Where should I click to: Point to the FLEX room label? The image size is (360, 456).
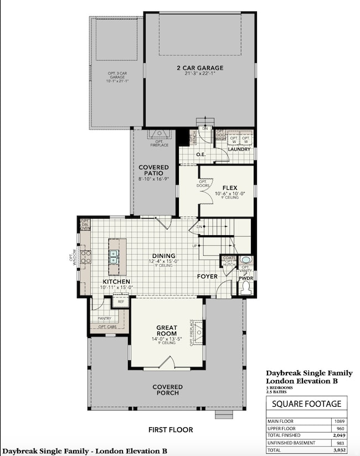pos(230,188)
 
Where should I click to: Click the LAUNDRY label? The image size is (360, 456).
pos(239,149)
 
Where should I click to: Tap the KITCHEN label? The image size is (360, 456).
pos(116,282)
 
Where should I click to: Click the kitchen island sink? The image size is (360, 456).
pos(114,257)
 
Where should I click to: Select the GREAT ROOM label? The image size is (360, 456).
pos(166,330)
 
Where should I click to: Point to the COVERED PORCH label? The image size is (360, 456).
pos(167,390)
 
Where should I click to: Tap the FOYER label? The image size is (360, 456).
pos(208,276)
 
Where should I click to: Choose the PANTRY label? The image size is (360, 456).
pos(104,319)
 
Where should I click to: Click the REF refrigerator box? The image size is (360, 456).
pos(121,302)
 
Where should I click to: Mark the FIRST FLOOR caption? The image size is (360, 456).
pos(170,429)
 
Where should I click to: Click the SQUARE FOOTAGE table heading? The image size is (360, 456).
pos(306,404)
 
